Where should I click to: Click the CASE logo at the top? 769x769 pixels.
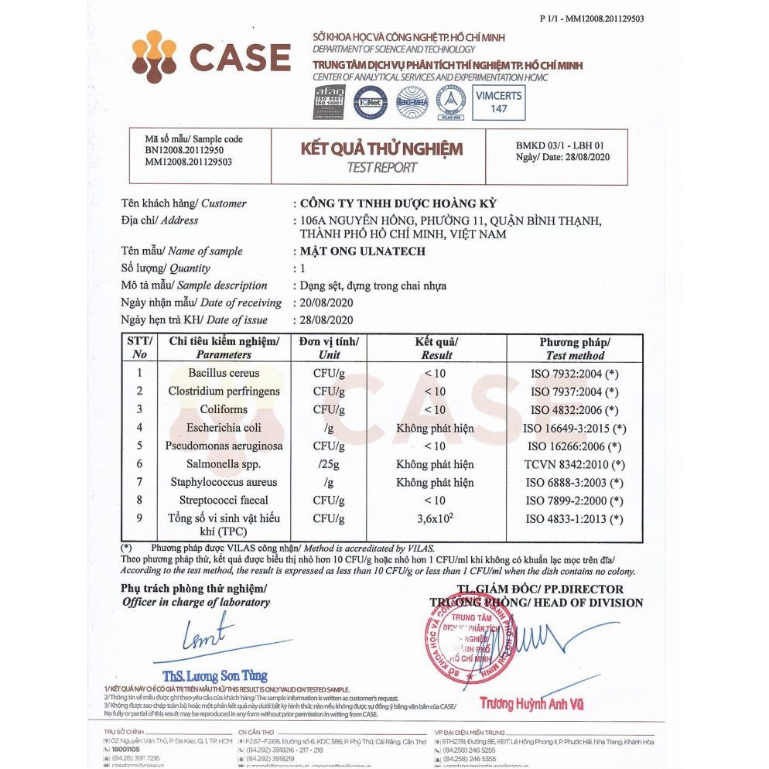(x=210, y=57)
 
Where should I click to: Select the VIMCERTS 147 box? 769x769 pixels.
(x=498, y=101)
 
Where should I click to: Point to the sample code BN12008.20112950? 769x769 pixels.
(x=184, y=150)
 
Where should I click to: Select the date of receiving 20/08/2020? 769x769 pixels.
(x=326, y=302)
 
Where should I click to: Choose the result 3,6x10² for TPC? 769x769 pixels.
(x=436, y=519)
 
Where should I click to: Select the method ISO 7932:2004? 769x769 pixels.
(x=575, y=374)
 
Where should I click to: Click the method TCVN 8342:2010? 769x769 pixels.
(x=575, y=465)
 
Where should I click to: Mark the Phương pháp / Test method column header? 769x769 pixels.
(x=575, y=348)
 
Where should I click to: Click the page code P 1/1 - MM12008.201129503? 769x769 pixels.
(x=591, y=19)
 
